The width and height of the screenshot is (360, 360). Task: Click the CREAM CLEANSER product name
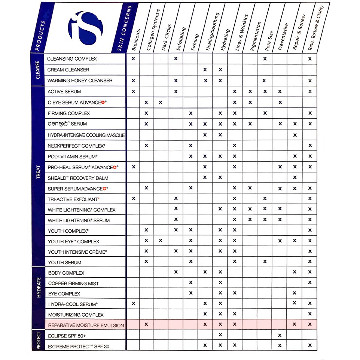coord(68,70)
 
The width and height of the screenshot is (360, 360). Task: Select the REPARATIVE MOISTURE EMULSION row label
coord(86,325)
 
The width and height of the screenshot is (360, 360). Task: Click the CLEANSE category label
coord(38,70)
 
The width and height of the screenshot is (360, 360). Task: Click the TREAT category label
coord(39,172)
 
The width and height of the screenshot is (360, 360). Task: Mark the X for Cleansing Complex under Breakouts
coord(133,59)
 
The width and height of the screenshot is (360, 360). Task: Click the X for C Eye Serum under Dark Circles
coord(161,102)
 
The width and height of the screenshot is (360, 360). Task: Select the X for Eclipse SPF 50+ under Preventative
coord(280,335)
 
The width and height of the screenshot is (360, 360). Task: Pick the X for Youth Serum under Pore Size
coord(265,262)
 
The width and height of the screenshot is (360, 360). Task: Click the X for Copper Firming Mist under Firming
coord(190,283)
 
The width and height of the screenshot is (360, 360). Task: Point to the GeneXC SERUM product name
coord(67,124)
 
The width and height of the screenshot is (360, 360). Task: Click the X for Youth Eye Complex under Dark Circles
coord(161,240)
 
